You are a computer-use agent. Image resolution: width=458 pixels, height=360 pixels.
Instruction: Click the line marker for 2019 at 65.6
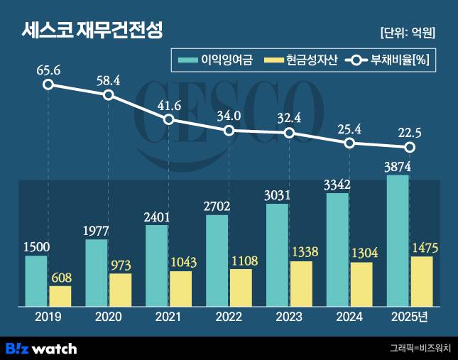click(48, 85)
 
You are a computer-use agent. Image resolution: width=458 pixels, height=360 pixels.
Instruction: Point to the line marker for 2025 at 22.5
click(410, 148)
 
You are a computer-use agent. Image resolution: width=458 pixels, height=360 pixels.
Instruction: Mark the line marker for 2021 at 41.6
click(169, 119)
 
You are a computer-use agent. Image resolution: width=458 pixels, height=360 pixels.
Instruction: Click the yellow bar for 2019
click(60, 296)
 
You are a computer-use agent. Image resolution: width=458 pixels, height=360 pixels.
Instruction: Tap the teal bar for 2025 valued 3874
click(397, 241)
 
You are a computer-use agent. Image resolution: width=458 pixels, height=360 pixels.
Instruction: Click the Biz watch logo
click(41, 348)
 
